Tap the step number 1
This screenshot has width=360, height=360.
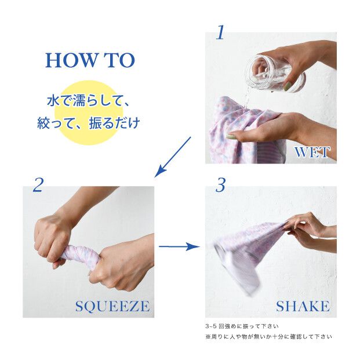click(220, 32)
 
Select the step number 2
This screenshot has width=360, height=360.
click(38, 185)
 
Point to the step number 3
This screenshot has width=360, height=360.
click(220, 186)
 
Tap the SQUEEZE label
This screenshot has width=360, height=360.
click(112, 306)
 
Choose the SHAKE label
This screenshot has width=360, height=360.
click(303, 306)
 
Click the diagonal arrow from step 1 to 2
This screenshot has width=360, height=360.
click(173, 157)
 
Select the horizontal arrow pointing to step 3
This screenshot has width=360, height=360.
click(179, 246)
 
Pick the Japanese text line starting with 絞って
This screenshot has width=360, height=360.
click(88, 123)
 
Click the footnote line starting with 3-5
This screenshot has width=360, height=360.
click(242, 326)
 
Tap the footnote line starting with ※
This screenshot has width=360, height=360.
click(268, 337)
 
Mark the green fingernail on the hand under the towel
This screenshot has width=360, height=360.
click(230, 137)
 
